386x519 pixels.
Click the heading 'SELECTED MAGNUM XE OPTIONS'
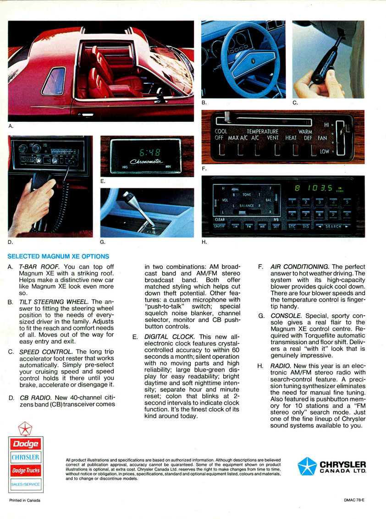[x=58, y=256]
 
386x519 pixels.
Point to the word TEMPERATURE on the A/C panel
[x=263, y=131]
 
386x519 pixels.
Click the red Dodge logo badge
[x=26, y=443]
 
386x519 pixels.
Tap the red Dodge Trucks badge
[x=26, y=470]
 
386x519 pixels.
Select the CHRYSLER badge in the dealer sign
[x=26, y=457]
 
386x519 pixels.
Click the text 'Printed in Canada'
[x=25, y=500]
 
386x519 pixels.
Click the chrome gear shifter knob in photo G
[x=127, y=197]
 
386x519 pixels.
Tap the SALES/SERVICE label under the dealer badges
[x=26, y=484]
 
